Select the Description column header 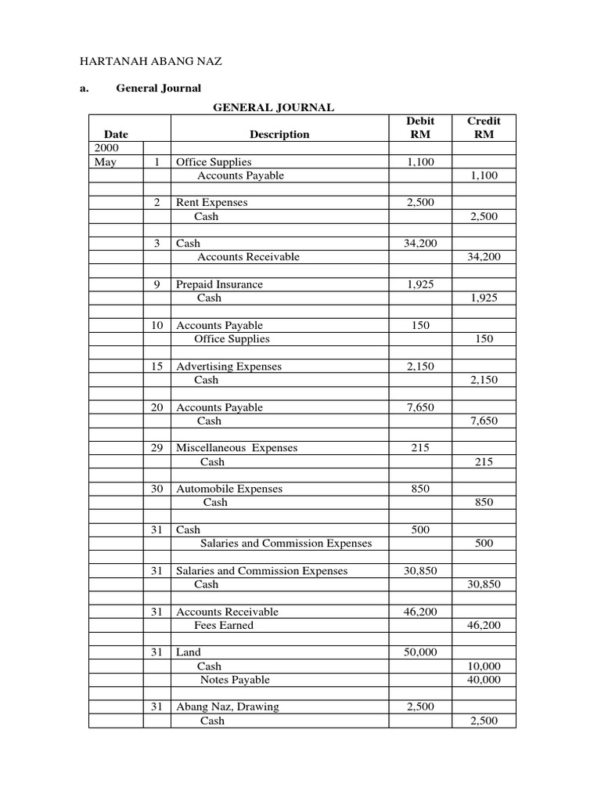pyautogui.click(x=279, y=134)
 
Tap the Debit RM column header pyautogui.click(x=420, y=128)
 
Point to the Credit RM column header pyautogui.click(x=484, y=128)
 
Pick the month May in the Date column pyautogui.click(x=104, y=162)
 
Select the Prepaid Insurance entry pyautogui.click(x=219, y=284)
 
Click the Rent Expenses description pyautogui.click(x=211, y=202)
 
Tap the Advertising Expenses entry pyautogui.click(x=229, y=367)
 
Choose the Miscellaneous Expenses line pyautogui.click(x=236, y=448)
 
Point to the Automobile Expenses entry pyautogui.click(x=228, y=489)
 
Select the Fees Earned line pyautogui.click(x=224, y=626)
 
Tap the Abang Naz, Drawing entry pyautogui.click(x=227, y=706)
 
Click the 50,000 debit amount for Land pyautogui.click(x=420, y=652)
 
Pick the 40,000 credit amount pyautogui.click(x=483, y=680)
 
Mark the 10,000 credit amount pyautogui.click(x=483, y=666)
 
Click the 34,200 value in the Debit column pyautogui.click(x=420, y=244)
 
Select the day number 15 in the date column pyautogui.click(x=157, y=367)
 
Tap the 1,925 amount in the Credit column pyautogui.click(x=483, y=298)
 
